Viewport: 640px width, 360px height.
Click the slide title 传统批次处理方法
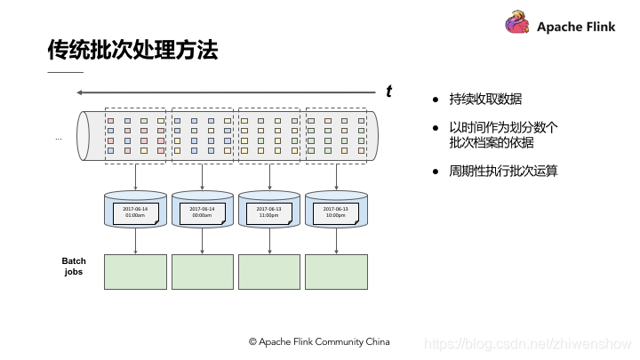[x=132, y=50]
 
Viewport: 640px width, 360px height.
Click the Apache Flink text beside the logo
[x=576, y=27]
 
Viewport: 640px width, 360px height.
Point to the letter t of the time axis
[x=388, y=91]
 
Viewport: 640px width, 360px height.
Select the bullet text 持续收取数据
[x=485, y=99]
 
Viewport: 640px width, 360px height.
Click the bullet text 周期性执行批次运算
[x=503, y=171]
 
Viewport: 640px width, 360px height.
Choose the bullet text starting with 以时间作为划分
[x=503, y=134]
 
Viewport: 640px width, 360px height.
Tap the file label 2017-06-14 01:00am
[x=136, y=212]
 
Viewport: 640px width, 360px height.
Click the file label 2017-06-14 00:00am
[x=202, y=212]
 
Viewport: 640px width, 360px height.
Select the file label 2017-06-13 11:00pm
[x=269, y=212]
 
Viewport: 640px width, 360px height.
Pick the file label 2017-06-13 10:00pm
[x=335, y=212]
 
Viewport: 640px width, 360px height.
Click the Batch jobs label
[x=74, y=267]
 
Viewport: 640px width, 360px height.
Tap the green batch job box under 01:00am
[x=135, y=271]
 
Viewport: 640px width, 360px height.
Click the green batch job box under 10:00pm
[x=336, y=271]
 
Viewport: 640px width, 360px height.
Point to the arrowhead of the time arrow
[x=80, y=92]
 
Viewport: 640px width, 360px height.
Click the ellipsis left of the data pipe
[x=59, y=139]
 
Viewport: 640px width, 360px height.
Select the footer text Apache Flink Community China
[x=319, y=341]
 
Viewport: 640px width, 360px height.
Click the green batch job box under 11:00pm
[x=269, y=271]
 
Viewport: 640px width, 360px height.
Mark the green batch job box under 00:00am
[x=202, y=271]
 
